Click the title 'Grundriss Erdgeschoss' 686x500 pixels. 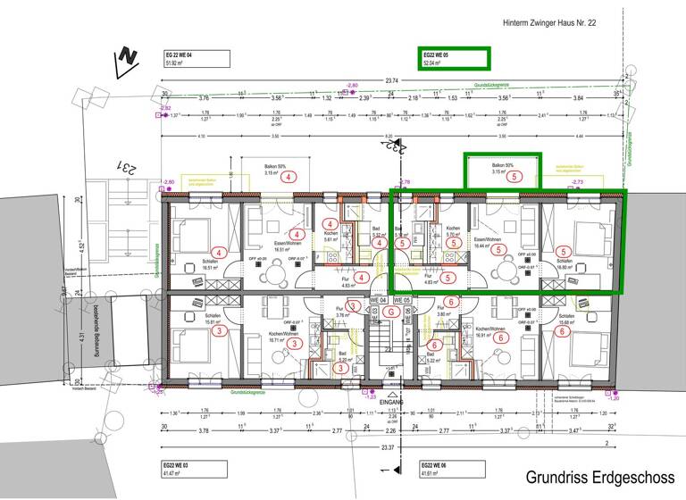[x=599, y=477]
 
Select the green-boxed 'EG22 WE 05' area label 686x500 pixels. [x=455, y=59]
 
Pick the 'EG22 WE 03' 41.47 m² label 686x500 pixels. [x=185, y=471]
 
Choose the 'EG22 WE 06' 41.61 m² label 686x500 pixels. [x=438, y=471]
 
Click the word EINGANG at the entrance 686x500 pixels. [x=391, y=403]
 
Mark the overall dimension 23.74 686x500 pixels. [x=391, y=81]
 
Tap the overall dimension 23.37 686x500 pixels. [x=388, y=446]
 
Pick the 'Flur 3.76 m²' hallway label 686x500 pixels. [x=341, y=314]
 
